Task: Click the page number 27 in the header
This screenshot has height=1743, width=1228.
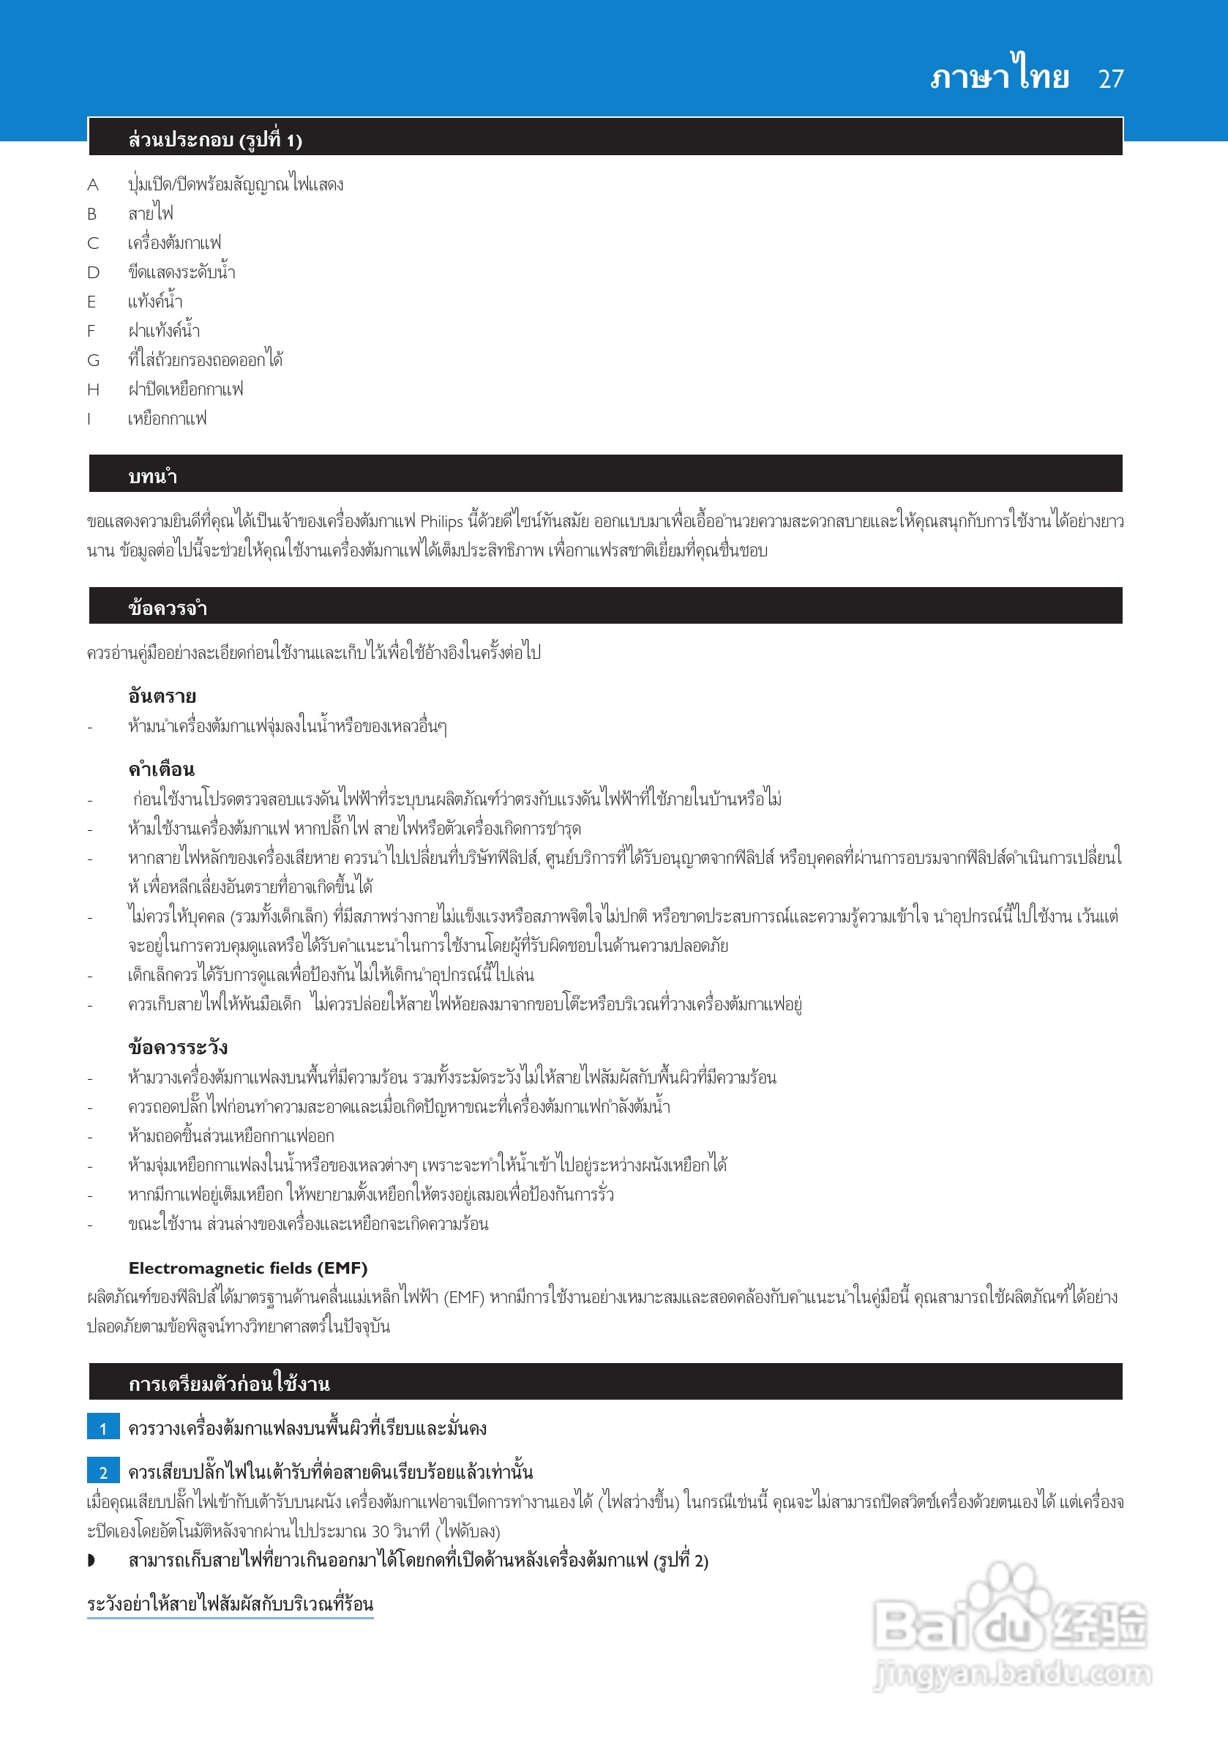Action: pyautogui.click(x=1110, y=79)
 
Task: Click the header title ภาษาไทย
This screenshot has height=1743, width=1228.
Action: pyautogui.click(x=1000, y=76)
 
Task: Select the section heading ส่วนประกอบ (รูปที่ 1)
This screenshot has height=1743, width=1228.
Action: pyautogui.click(x=214, y=140)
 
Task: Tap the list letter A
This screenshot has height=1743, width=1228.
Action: pyautogui.click(x=93, y=185)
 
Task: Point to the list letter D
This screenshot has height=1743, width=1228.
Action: pyautogui.click(x=93, y=272)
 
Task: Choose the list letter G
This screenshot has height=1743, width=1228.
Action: pyautogui.click(x=94, y=361)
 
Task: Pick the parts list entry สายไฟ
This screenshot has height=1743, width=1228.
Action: pyautogui.click(x=150, y=213)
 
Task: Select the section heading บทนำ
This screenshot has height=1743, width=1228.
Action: pyautogui.click(x=152, y=476)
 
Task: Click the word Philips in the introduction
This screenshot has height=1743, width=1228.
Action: pyautogui.click(x=441, y=521)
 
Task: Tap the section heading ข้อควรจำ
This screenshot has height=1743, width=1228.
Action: pyautogui.click(x=167, y=608)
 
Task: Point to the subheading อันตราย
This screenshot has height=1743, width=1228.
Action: pyautogui.click(x=162, y=695)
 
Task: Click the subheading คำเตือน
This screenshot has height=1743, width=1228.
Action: pyautogui.click(x=161, y=769)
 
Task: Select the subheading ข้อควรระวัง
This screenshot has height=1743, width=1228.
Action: pyautogui.click(x=178, y=1047)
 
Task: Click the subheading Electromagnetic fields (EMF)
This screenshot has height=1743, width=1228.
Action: pyautogui.click(x=247, y=1268)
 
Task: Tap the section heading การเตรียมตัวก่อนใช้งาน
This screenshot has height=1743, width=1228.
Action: pyautogui.click(x=228, y=1383)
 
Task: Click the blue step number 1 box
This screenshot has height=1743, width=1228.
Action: pyautogui.click(x=103, y=1428)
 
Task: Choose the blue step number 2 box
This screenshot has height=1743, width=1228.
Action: pyautogui.click(x=103, y=1472)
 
